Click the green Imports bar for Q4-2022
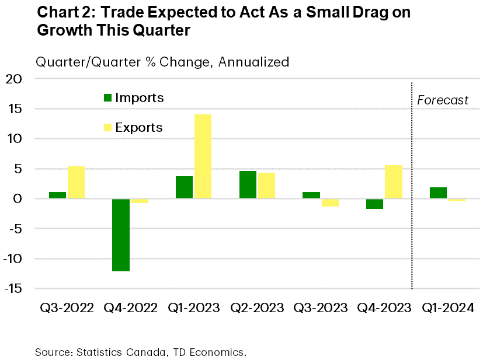121,235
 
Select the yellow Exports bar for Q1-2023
203,156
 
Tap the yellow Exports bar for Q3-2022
76,183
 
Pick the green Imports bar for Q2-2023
248,185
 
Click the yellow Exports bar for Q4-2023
393,182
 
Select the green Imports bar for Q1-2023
184,187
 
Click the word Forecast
443,100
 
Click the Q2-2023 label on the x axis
257,307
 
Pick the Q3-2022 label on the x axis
67,307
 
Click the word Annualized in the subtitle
253,61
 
